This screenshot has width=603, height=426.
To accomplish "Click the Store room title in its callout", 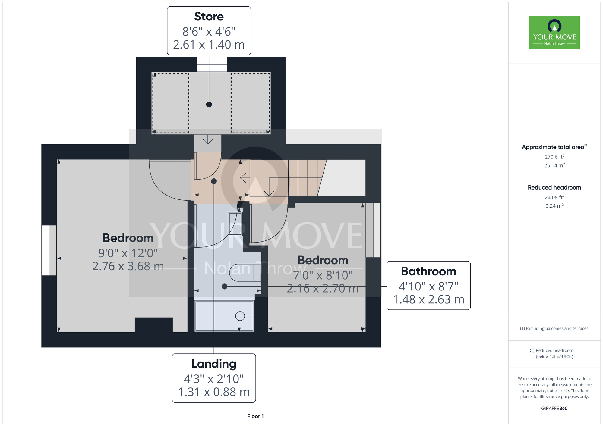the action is tap(209, 17).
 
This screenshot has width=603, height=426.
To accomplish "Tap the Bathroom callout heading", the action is tap(428, 271).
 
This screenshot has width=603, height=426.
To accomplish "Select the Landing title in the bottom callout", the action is tap(214, 364).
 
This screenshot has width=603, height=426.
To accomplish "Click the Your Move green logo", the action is tap(554, 33).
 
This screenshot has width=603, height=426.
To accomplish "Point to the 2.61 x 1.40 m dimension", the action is tap(209, 45).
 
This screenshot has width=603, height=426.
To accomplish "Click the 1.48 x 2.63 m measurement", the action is tap(428, 299).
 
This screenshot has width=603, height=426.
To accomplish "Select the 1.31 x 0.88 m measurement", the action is tap(214, 392).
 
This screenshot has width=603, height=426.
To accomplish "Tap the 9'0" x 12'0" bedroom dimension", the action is tap(128, 253).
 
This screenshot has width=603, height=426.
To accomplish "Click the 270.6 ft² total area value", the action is tap(554, 157).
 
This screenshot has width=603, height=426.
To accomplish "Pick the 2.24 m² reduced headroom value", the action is tap(554, 206).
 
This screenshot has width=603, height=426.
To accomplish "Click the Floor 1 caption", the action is tap(255, 416).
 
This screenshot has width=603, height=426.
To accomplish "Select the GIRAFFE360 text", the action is tap(554, 409).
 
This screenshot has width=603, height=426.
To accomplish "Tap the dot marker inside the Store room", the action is tap(209, 105).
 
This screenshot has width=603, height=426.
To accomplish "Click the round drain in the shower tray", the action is tap(240, 316).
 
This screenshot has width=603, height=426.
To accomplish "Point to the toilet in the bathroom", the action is tap(245, 273).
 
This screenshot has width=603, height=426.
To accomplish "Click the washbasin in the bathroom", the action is tap(235, 224).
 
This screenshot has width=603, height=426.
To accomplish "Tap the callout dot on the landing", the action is tap(214, 181).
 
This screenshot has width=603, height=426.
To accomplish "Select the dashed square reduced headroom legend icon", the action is tap(532, 351).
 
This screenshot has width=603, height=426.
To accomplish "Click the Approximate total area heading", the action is tap(554, 147).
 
